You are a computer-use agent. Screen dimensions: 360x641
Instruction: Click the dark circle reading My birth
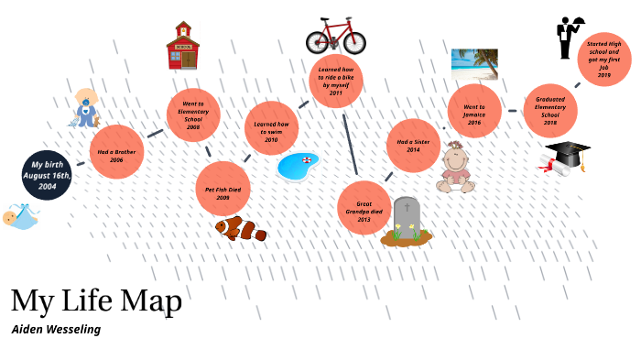point(47,174)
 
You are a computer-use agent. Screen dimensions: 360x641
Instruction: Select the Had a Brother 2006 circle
point(116,152)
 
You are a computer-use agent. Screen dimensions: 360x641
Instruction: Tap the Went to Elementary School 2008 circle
point(193,115)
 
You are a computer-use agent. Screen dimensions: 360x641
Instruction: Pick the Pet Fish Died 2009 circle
point(223,188)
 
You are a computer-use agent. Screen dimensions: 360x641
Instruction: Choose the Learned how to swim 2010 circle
point(271,128)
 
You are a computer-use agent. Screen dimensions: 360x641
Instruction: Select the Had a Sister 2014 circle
point(413,145)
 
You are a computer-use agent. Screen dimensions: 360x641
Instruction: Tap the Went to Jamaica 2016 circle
point(473,111)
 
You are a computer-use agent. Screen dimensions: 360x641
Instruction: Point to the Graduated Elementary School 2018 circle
point(550,110)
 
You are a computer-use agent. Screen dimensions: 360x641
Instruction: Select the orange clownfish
point(240,228)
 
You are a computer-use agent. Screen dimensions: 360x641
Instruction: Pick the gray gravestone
point(407,219)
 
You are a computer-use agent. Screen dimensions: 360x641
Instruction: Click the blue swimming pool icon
point(297,166)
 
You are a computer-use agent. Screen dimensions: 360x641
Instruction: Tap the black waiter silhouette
point(567,38)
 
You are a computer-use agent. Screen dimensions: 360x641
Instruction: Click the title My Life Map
point(96,300)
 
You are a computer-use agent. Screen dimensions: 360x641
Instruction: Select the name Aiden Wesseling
point(56,329)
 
